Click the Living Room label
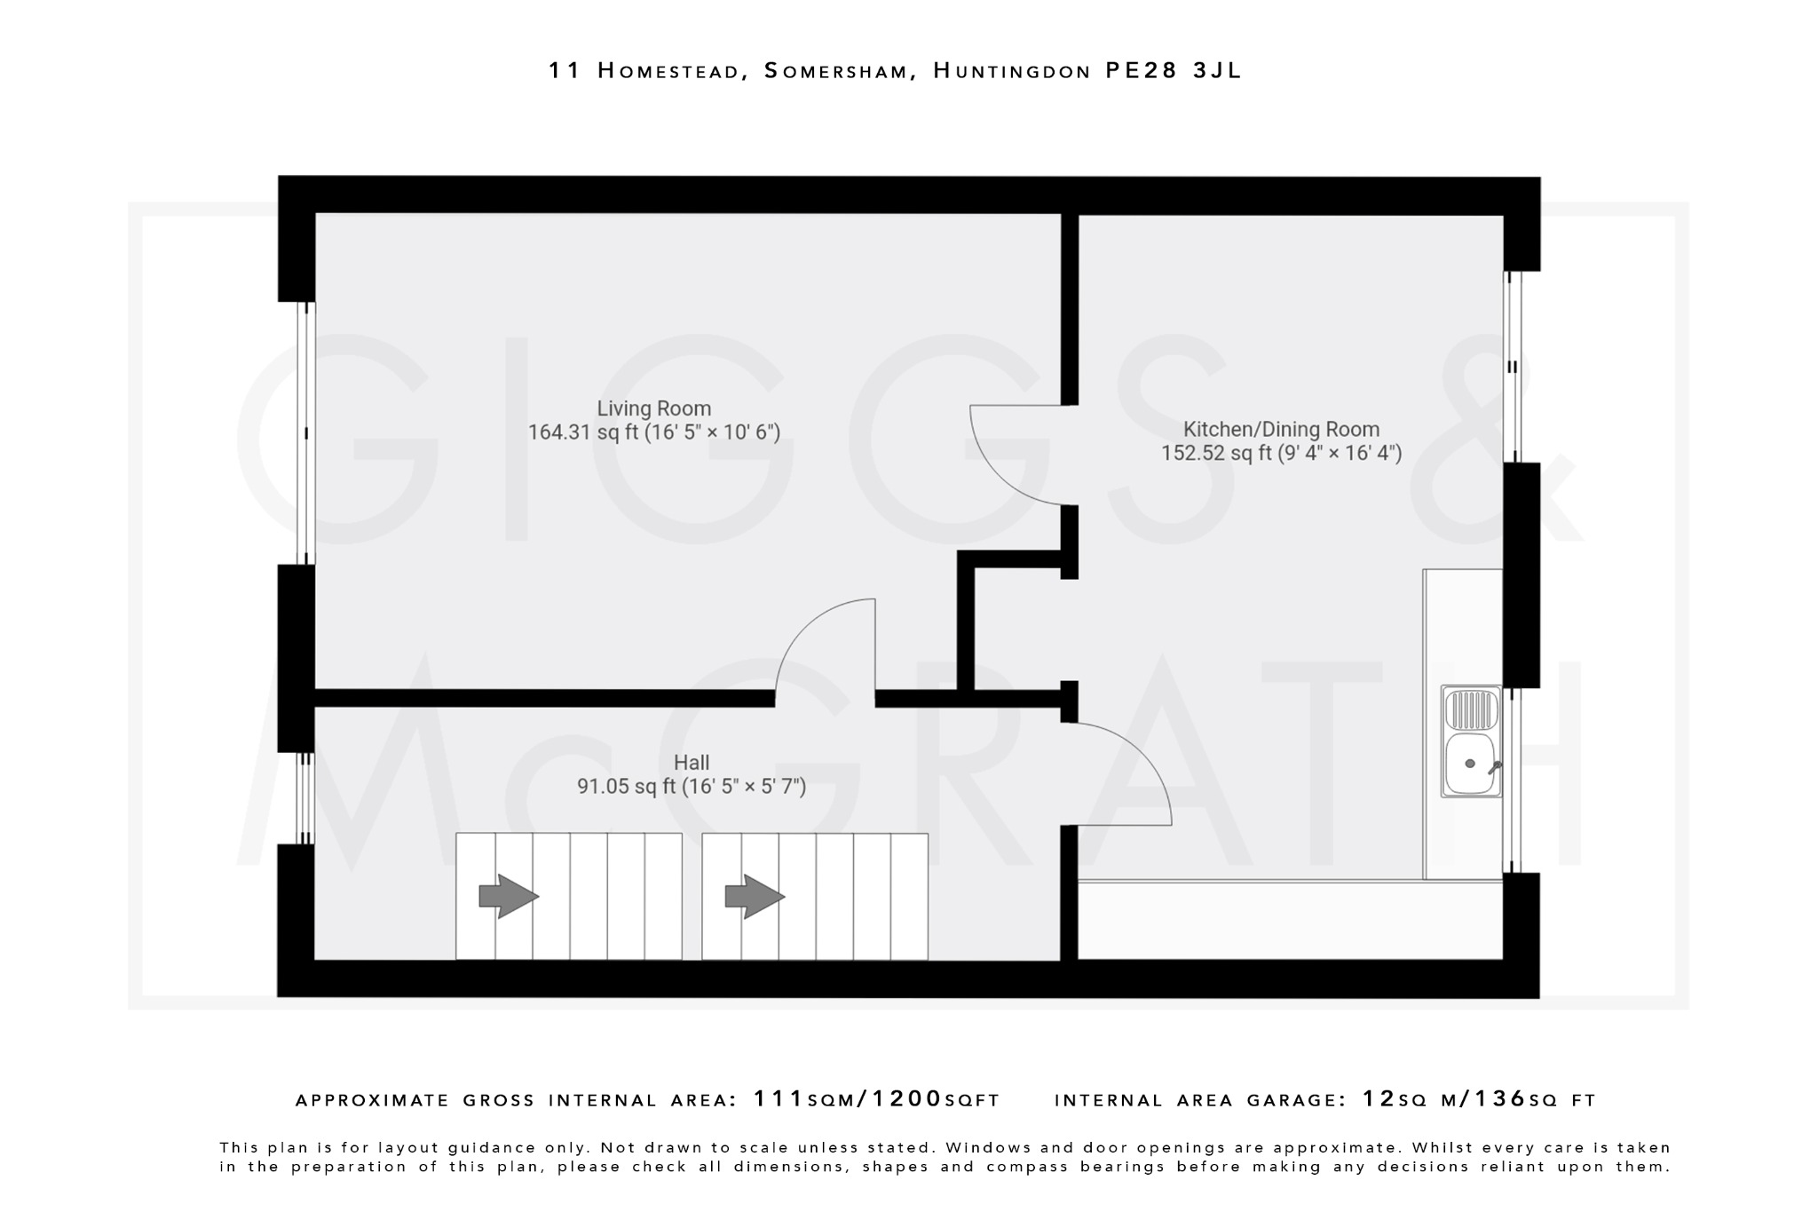click(x=653, y=408)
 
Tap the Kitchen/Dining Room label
click(x=1281, y=429)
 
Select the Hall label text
click(x=691, y=762)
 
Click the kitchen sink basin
click(x=1469, y=764)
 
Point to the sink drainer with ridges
click(x=1471, y=709)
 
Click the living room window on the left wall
click(x=306, y=433)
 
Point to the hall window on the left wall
click(x=305, y=798)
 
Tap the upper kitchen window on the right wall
click(x=1512, y=367)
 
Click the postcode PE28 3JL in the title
click(x=1173, y=71)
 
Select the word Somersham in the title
click(x=840, y=71)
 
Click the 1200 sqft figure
click(x=907, y=1099)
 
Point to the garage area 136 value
click(x=1500, y=1099)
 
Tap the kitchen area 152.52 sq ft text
click(x=1216, y=453)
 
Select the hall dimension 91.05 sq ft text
click(x=626, y=786)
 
